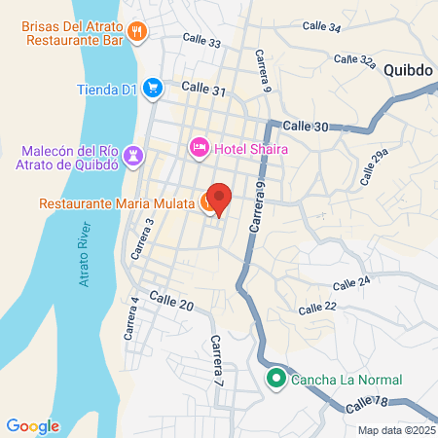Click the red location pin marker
tap(220, 199)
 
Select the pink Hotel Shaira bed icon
tap(199, 147)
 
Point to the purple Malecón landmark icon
tap(133, 156)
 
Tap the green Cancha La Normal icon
tap(275, 379)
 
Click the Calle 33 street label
tap(201, 43)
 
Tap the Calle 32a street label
tap(354, 60)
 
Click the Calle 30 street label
tap(307, 127)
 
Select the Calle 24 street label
tap(351, 284)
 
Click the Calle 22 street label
tap(317, 308)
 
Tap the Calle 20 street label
tap(172, 305)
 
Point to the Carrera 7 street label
tap(217, 360)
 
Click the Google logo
tap(32, 425)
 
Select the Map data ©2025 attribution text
tap(395, 430)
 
